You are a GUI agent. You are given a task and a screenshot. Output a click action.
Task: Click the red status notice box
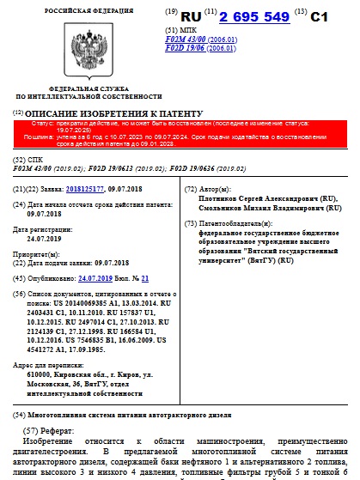click(180, 133)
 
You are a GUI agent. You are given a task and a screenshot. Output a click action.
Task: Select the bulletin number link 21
click(145, 279)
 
